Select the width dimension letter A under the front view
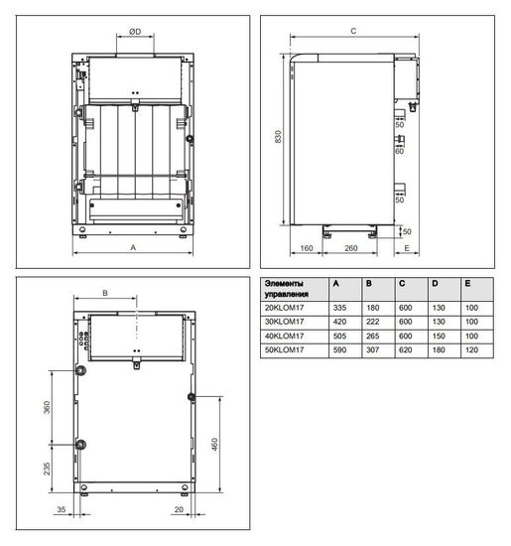[133, 251]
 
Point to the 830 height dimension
[281, 140]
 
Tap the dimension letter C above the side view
[354, 31]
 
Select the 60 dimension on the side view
[399, 152]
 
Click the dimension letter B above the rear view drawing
[106, 292]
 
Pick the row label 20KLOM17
[285, 308]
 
